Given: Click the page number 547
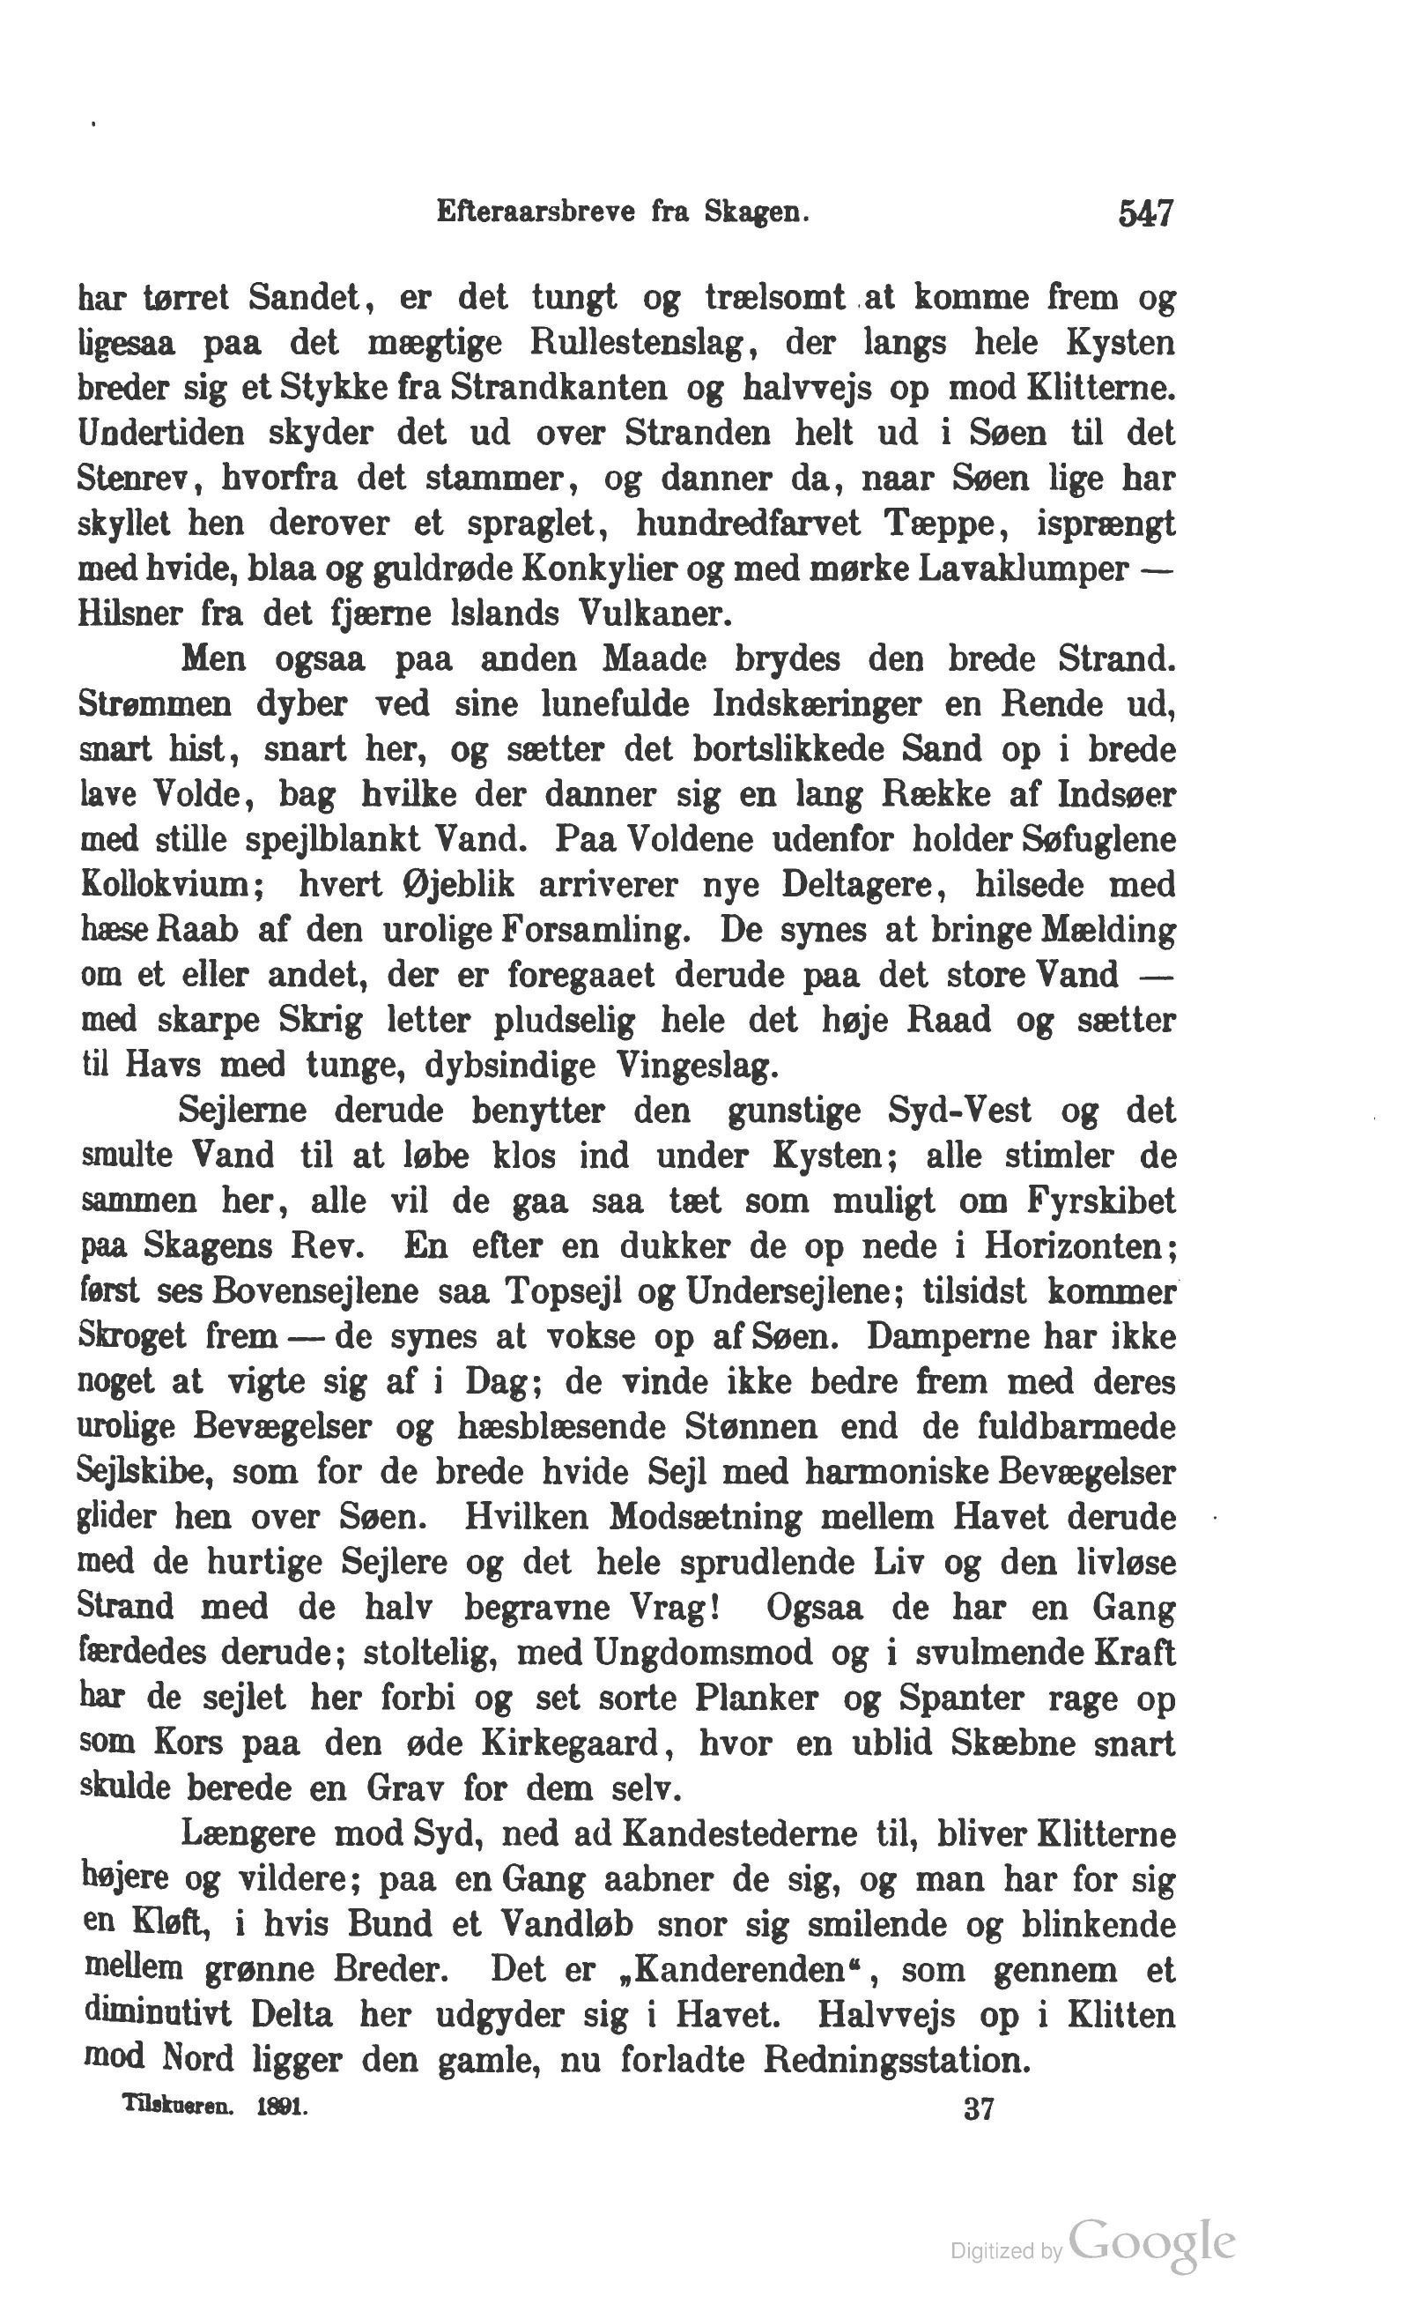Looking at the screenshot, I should point(1146,215).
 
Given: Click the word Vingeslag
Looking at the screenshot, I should point(697,1067).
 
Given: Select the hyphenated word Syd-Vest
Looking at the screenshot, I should point(959,1111).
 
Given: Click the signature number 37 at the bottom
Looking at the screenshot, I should point(978,2109).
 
